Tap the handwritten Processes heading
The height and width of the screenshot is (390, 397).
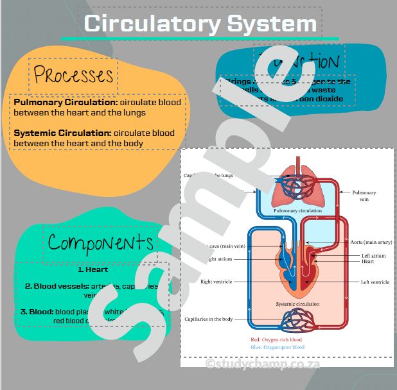(x=73, y=75)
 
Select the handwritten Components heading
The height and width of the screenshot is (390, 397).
(x=101, y=243)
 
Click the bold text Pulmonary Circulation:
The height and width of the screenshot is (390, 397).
(x=66, y=102)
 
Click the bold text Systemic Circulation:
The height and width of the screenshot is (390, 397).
(x=62, y=133)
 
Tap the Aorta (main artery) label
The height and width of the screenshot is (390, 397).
(x=371, y=242)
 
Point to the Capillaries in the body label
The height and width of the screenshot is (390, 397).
(x=209, y=319)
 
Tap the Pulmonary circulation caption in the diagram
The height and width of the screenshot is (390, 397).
(x=297, y=210)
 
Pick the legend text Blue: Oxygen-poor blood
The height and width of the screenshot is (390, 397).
(x=278, y=347)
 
